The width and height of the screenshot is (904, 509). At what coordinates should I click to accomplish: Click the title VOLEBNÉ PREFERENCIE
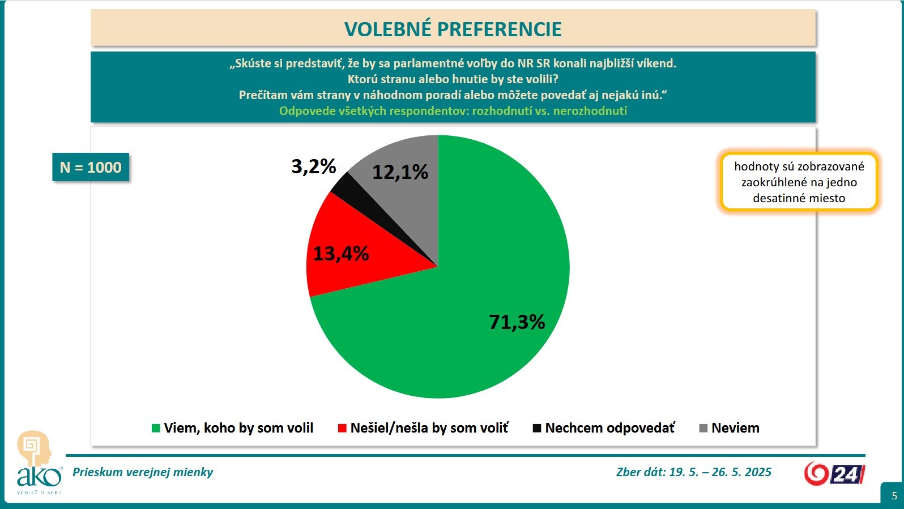[x=453, y=29]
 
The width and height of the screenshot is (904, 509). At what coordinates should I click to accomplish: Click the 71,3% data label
[x=517, y=322]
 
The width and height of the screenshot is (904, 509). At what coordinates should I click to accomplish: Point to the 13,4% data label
[x=340, y=254]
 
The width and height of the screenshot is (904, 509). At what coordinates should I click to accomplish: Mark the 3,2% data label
[x=313, y=166]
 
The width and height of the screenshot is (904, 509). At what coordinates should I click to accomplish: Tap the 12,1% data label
[x=400, y=172]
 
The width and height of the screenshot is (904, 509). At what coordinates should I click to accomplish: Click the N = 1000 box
[x=91, y=168]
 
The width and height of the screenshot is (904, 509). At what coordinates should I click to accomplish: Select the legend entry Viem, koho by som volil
[x=232, y=428]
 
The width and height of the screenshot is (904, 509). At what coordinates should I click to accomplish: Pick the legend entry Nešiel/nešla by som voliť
[x=423, y=428]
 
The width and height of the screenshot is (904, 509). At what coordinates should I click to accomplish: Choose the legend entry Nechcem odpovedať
[x=604, y=428]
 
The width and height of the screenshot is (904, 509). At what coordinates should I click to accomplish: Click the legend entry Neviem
[x=730, y=428]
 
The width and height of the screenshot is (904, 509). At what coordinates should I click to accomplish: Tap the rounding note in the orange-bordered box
[x=799, y=182]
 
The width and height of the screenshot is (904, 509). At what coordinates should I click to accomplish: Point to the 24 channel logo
[x=834, y=473]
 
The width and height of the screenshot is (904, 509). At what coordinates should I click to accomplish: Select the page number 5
[x=894, y=496]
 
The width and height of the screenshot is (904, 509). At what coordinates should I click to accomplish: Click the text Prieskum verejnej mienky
[x=143, y=472]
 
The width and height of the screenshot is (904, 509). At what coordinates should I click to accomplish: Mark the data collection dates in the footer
[x=693, y=472]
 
